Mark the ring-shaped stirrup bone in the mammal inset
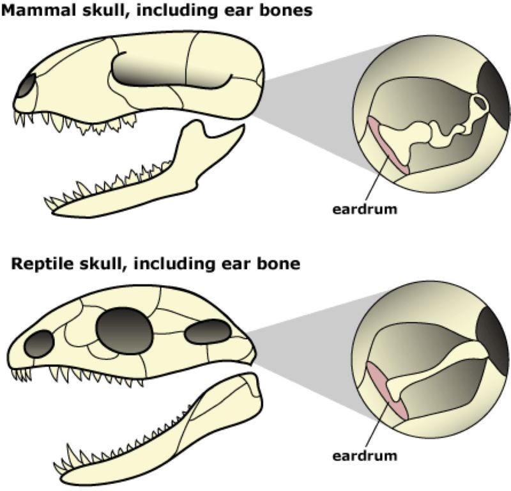pyautogui.click(x=480, y=102)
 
